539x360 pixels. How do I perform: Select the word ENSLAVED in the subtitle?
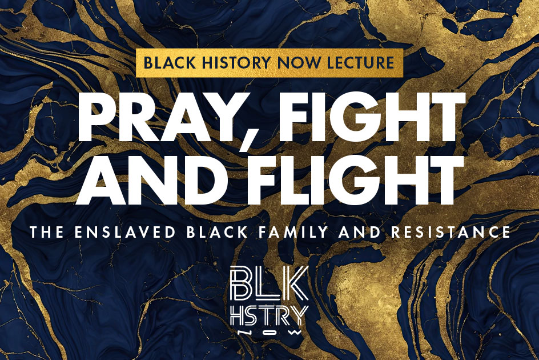point(128,233)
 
